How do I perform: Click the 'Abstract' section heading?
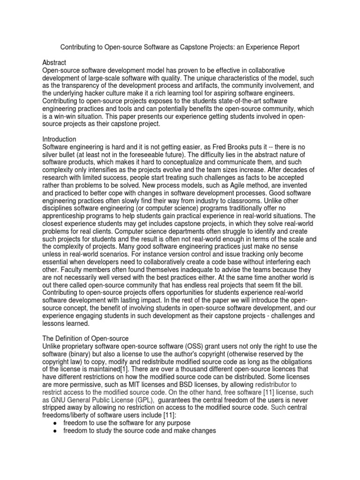coord(54,62)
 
